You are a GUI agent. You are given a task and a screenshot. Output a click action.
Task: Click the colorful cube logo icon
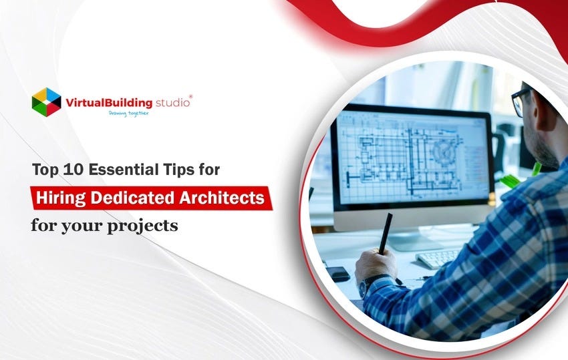point(46,102)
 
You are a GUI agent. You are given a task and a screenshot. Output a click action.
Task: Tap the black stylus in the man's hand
point(385,233)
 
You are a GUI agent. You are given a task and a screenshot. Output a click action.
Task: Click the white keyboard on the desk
point(438,256)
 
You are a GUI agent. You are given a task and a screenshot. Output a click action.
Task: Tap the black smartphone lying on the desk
point(339,273)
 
